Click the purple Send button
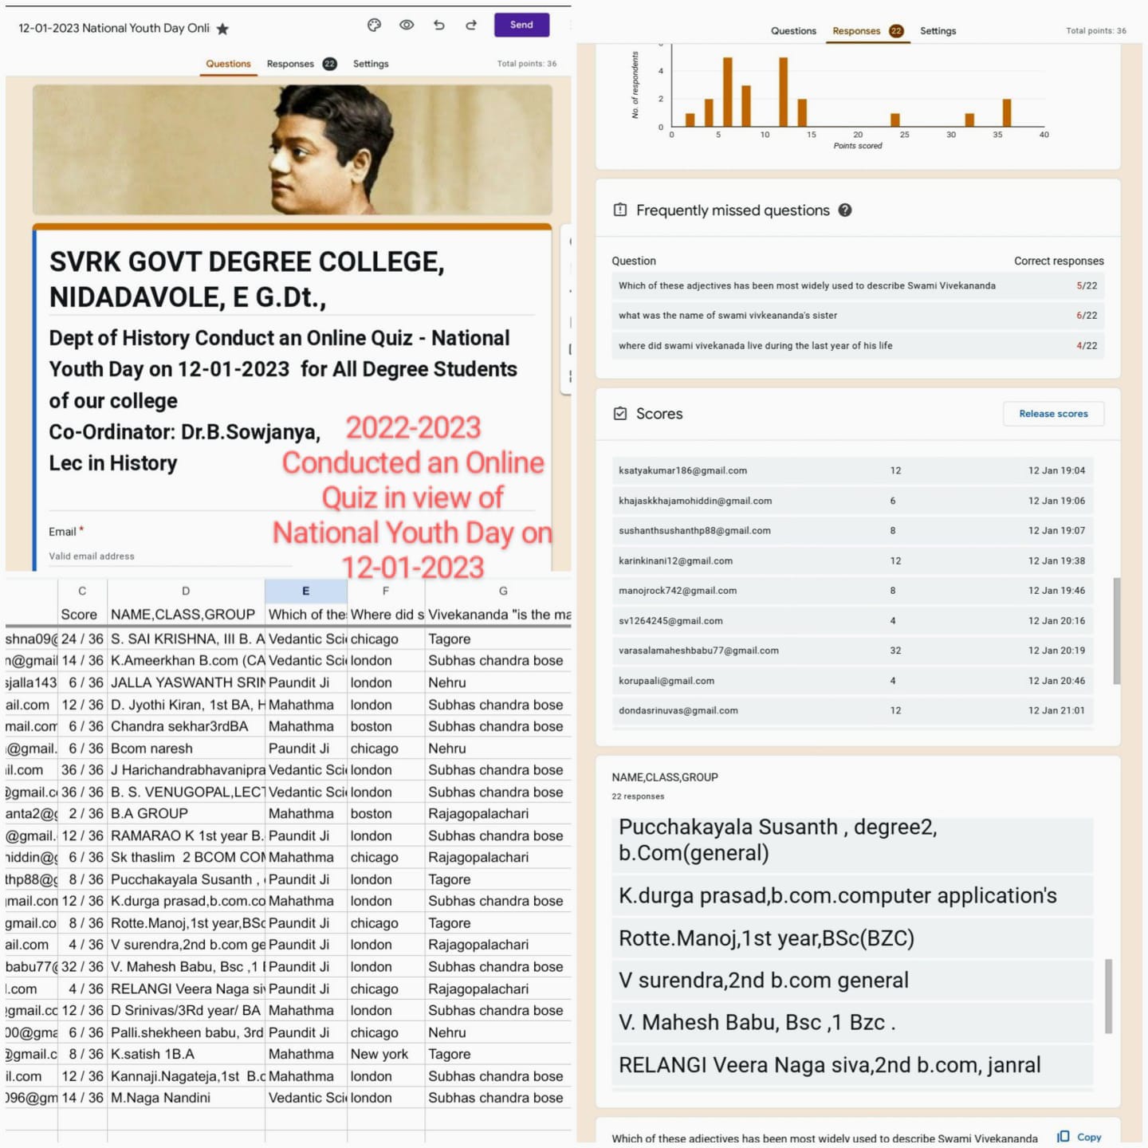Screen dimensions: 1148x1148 pyautogui.click(x=521, y=25)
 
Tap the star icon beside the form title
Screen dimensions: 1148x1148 pyautogui.click(x=222, y=29)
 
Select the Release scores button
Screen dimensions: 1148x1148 pyautogui.click(x=1053, y=414)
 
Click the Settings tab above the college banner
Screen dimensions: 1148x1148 pyautogui.click(x=371, y=64)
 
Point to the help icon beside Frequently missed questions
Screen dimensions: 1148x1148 pyautogui.click(x=845, y=210)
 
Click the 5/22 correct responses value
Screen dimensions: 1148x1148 pyautogui.click(x=1087, y=285)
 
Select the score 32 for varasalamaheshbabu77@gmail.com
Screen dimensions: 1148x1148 pyautogui.click(x=895, y=651)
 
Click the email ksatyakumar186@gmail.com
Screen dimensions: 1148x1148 pyautogui.click(x=682, y=470)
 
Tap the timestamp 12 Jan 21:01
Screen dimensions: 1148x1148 pyautogui.click(x=1056, y=710)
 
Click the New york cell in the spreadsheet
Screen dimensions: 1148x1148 pyautogui.click(x=379, y=1054)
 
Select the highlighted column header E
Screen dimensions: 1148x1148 pyautogui.click(x=305, y=591)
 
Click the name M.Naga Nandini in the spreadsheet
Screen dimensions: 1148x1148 pyautogui.click(x=160, y=1098)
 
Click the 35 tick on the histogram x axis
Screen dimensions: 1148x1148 pyautogui.click(x=997, y=135)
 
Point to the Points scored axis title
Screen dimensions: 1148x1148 pyautogui.click(x=858, y=146)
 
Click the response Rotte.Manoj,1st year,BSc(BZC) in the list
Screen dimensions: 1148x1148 pyautogui.click(x=766, y=938)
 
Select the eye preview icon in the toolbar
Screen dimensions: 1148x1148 pyautogui.click(x=407, y=25)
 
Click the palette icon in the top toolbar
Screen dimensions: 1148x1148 pyautogui.click(x=374, y=25)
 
